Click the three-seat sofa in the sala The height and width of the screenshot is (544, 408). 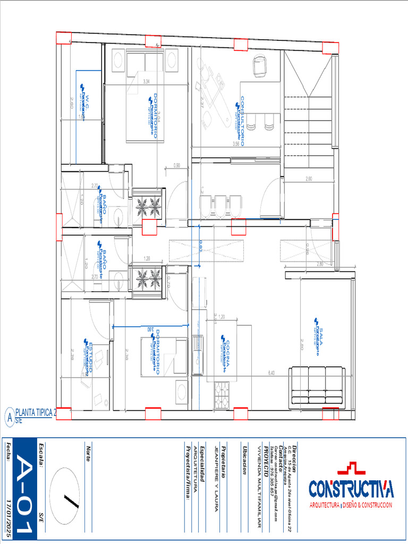coord(317,387)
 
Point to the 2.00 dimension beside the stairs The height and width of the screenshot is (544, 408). coord(308,179)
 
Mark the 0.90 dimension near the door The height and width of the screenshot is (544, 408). coord(176,165)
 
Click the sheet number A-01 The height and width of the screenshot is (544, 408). coord(24,489)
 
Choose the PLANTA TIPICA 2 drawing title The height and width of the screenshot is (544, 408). coord(36,413)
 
